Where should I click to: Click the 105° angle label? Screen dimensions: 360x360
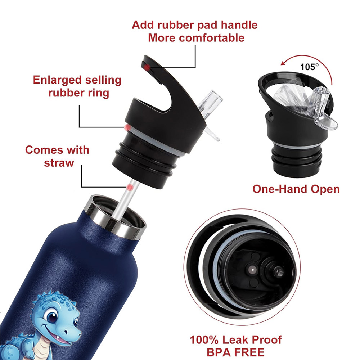[x=309, y=67]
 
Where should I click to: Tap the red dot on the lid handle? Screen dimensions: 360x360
[x=147, y=67]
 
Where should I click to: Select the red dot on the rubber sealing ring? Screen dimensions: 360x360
[x=127, y=127]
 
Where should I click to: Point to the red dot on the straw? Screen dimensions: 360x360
[x=130, y=187]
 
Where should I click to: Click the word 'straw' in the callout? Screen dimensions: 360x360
[x=59, y=163]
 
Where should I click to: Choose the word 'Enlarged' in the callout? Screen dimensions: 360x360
[x=57, y=80]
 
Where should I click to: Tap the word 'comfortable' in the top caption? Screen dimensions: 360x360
[x=212, y=38]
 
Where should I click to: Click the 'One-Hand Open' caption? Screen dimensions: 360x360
[x=296, y=189]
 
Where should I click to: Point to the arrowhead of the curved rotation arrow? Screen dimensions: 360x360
[x=284, y=62]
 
